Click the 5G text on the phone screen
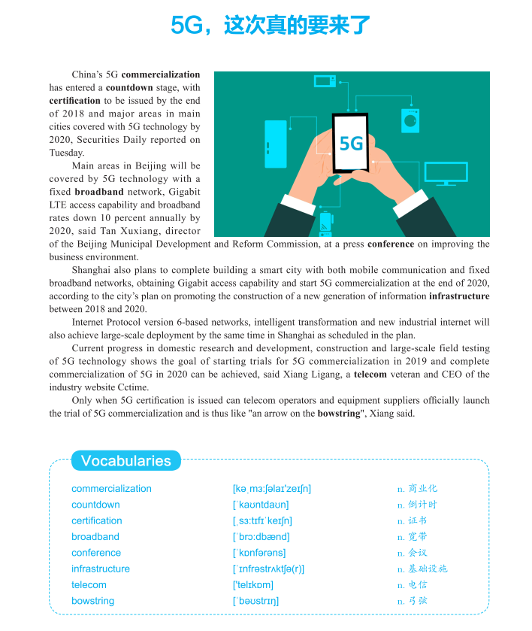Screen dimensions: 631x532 [351, 143]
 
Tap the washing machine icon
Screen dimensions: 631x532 [410, 120]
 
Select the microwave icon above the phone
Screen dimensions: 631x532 [325, 81]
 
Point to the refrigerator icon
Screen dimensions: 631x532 [276, 144]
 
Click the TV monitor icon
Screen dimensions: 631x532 [446, 174]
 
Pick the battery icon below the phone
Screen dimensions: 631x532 [325, 223]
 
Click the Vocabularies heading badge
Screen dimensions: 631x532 [125, 461]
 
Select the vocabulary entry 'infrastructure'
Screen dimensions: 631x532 [101, 569]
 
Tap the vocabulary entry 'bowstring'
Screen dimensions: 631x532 [93, 601]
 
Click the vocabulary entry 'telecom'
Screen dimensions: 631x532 [89, 584]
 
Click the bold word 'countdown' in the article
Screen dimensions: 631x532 [129, 87]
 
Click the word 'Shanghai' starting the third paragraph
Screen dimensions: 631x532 [92, 269]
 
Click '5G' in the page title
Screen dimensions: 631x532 [186, 26]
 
